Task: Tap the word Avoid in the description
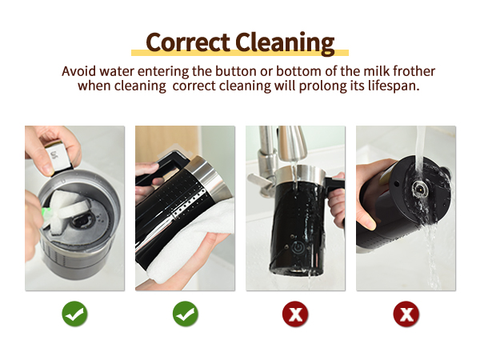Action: pos(79,71)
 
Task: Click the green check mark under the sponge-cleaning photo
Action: pos(74,314)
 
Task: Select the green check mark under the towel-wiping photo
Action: pos(185,314)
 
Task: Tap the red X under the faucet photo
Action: pos(295,314)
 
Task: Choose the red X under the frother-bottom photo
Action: pos(406,314)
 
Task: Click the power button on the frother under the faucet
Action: pos(297,247)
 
